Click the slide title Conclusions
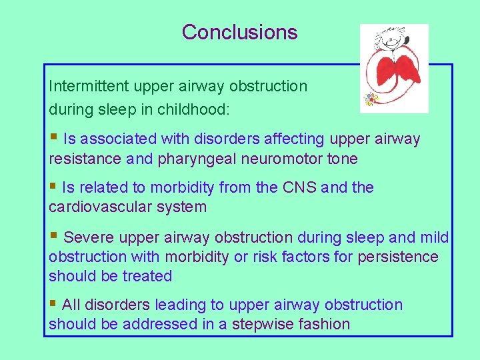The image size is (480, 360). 239,32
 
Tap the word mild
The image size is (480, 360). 434,237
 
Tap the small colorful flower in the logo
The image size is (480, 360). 370,99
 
